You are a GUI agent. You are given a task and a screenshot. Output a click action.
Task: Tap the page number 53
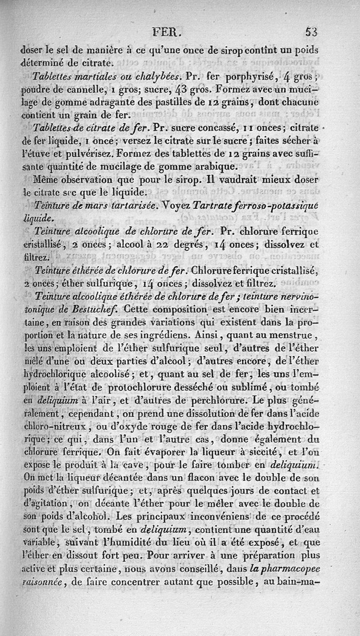(311, 32)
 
